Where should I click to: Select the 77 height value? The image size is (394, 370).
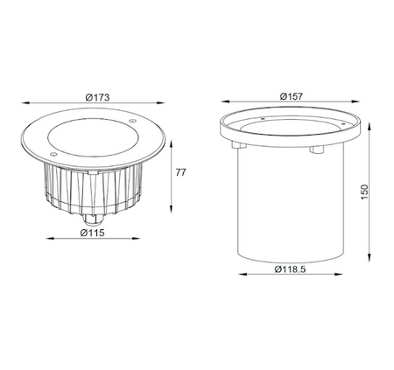point(181,173)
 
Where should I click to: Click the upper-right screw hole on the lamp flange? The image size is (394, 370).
point(132,122)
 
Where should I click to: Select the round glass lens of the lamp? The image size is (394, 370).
point(93,136)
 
